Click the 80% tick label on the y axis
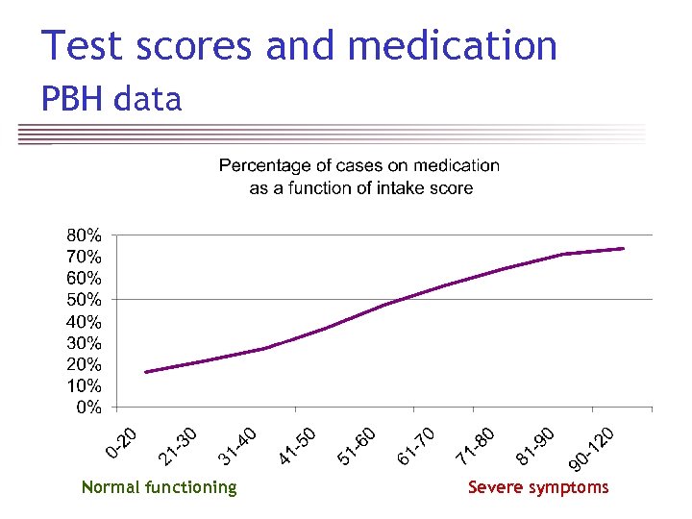tap(84, 235)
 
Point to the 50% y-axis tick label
tap(84, 300)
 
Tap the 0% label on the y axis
tap(89, 408)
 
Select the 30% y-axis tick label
tap(84, 343)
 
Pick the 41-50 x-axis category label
tap(298, 444)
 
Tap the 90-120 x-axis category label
tap(591, 450)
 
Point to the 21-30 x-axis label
tap(179, 442)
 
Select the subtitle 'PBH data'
tap(111, 98)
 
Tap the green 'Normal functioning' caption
tap(159, 487)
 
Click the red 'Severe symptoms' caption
tap(538, 487)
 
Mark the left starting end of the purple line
tap(146, 372)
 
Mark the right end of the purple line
tap(624, 248)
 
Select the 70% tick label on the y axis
tap(84, 257)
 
